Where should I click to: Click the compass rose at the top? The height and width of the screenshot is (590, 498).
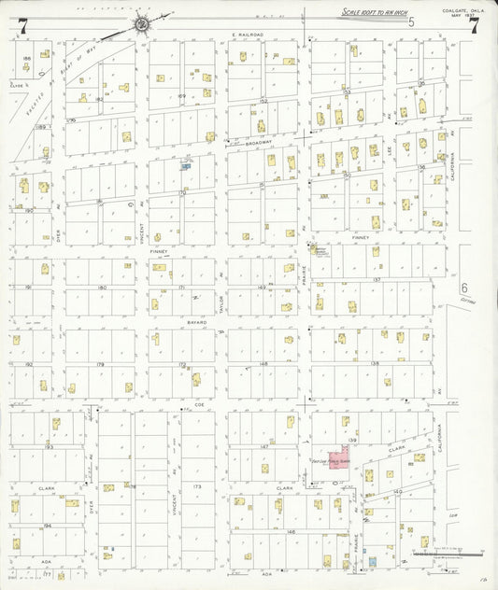pyautogui.click(x=141, y=24)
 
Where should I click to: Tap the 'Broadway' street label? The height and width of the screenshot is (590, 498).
pyautogui.click(x=257, y=143)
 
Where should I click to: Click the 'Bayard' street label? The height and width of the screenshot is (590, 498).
pyautogui.click(x=196, y=321)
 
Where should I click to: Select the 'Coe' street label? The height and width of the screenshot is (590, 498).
pyautogui.click(x=199, y=405)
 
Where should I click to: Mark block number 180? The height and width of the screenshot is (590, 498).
pyautogui.click(x=102, y=287)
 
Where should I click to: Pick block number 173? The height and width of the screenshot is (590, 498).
pyautogui.click(x=196, y=486)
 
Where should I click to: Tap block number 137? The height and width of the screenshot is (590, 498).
pyautogui.click(x=376, y=279)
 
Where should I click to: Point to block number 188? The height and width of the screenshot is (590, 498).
pyautogui.click(x=26, y=58)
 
